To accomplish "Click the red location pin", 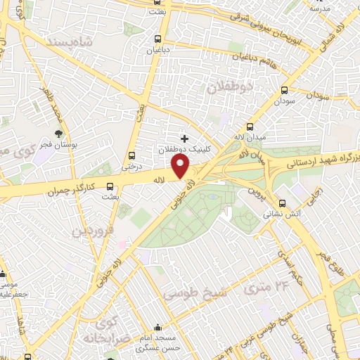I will click(x=181, y=167).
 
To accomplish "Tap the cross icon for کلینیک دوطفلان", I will click(x=185, y=139).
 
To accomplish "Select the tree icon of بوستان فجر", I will click(x=59, y=134).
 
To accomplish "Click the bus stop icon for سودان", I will click(x=285, y=91).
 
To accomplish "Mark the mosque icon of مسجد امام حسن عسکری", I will click(x=159, y=328).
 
